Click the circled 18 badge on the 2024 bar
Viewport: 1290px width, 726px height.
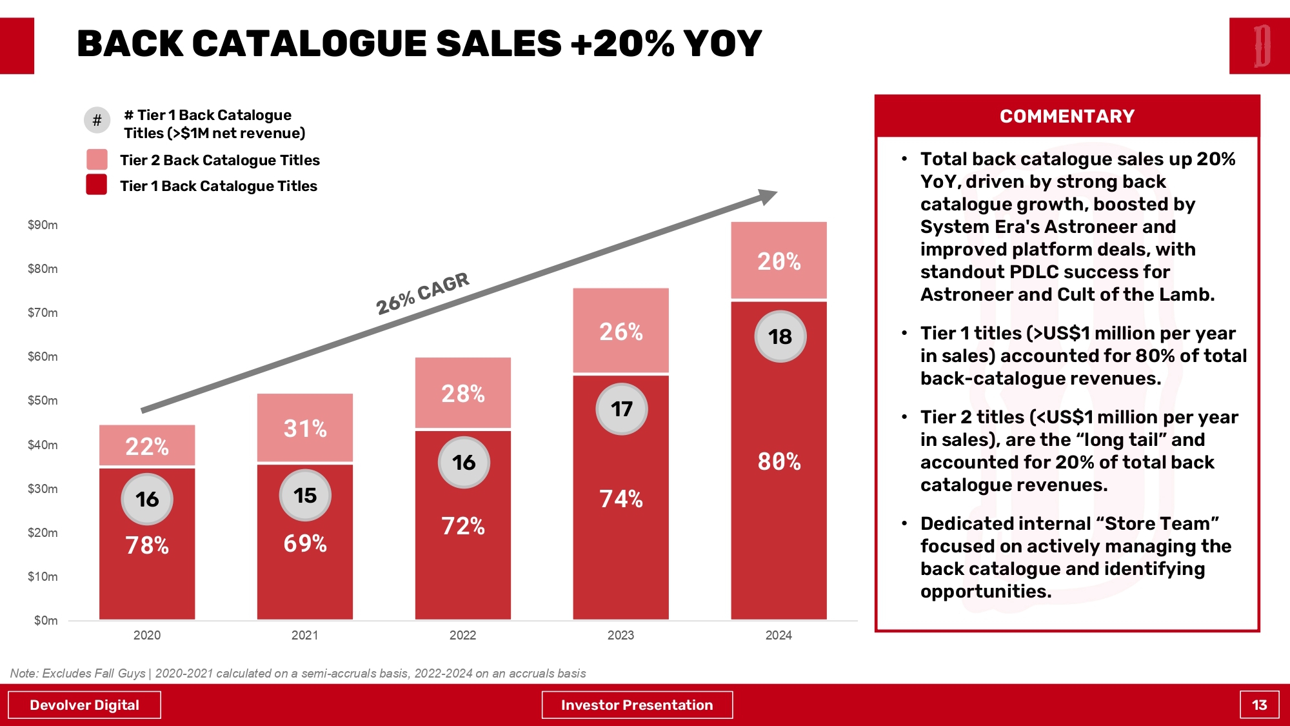pos(780,336)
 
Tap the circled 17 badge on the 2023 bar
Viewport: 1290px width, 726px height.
pos(621,409)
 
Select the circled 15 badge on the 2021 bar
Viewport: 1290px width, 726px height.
pos(305,496)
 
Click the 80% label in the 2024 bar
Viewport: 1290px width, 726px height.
pos(779,461)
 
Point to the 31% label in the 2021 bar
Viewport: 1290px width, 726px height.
pos(305,429)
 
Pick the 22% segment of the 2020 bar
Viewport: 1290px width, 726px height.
pos(147,445)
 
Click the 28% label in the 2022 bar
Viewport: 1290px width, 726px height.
pos(463,393)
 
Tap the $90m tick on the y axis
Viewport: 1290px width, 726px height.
pos(43,225)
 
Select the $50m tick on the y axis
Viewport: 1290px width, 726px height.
pos(43,401)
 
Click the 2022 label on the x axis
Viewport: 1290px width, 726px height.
pos(462,635)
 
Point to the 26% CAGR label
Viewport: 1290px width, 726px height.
pos(422,293)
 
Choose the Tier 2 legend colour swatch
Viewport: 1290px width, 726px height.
pos(97,159)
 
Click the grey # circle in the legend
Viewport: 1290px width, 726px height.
pos(97,120)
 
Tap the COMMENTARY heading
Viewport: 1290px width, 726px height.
pos(1067,116)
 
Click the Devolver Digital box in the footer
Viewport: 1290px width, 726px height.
pos(84,705)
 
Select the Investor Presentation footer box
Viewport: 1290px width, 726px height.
pos(637,705)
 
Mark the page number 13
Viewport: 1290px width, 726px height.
pos(1259,705)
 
